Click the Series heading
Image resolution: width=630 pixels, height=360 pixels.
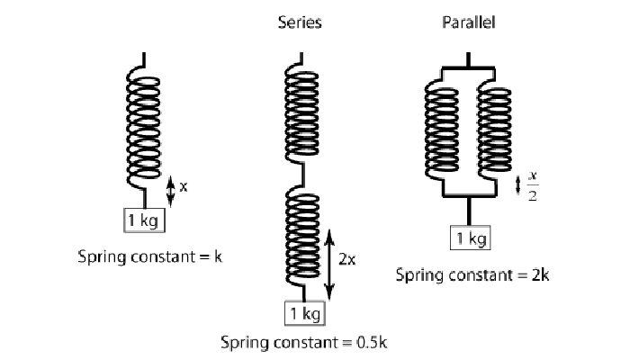click(300, 22)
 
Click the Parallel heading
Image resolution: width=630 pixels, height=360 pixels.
click(469, 22)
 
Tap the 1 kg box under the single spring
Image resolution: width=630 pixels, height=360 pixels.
click(144, 220)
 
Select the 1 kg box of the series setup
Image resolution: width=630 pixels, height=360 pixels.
click(305, 313)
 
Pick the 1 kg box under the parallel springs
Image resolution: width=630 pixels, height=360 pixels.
click(471, 238)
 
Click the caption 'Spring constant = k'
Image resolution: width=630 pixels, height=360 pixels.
click(150, 256)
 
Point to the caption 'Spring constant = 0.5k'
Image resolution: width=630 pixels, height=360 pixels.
click(304, 343)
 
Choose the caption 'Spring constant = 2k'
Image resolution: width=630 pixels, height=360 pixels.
click(472, 275)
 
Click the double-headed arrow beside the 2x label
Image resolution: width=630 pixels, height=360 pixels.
click(329, 265)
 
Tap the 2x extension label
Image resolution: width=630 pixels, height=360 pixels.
click(346, 259)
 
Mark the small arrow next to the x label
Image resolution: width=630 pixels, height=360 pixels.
click(171, 191)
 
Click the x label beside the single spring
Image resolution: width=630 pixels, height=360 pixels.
click(184, 187)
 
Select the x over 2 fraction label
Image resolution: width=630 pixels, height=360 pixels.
click(533, 186)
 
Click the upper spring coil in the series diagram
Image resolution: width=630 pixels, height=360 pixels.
click(301, 113)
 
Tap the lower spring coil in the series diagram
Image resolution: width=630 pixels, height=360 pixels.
click(302, 236)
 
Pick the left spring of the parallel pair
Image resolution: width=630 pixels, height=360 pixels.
click(442, 130)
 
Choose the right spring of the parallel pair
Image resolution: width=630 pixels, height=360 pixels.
click(495, 130)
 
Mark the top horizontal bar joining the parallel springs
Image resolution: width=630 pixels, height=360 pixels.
click(469, 68)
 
